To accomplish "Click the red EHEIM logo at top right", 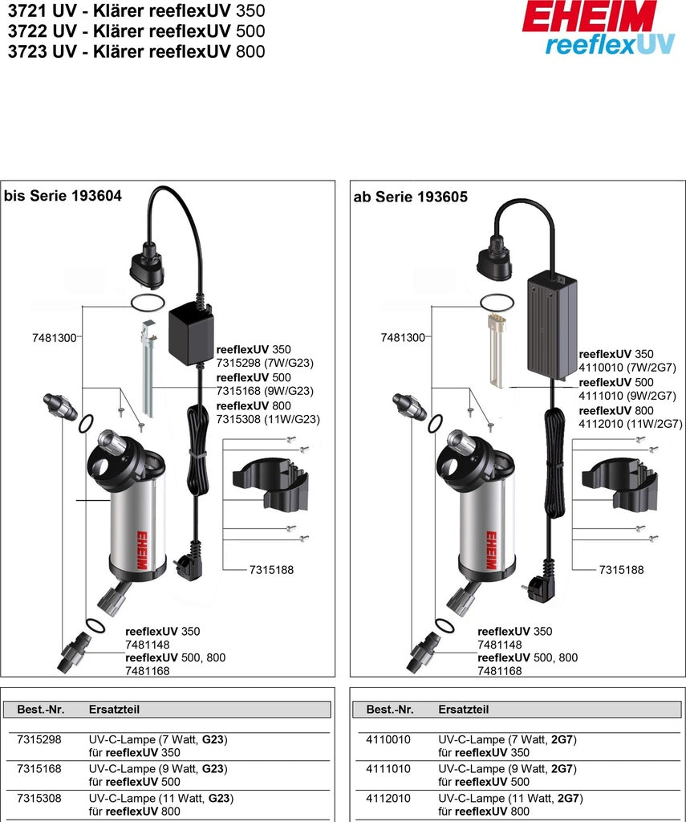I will point(589,16).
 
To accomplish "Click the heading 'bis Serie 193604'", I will point(63,195).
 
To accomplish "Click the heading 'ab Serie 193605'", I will point(410,196).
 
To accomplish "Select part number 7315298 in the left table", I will point(39,739).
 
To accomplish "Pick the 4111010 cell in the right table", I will point(388,768).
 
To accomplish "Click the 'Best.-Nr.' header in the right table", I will point(390,710).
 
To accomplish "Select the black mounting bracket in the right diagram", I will point(613,486).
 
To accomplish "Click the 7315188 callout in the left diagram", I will point(270,569).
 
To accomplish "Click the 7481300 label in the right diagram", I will point(403,338).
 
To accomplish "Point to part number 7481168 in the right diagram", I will point(499,670).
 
